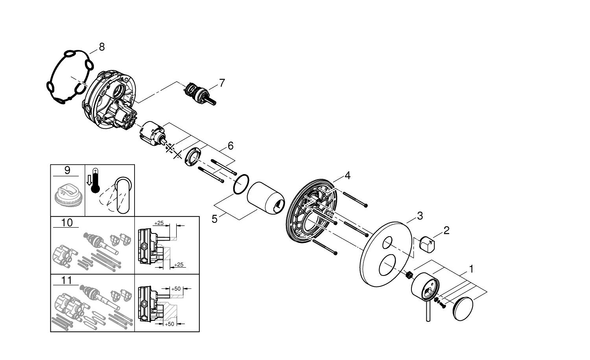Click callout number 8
tap(102, 47)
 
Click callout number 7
tap(222, 83)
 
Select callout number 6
tap(230, 146)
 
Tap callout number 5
tap(214, 219)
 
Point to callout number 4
tap(347, 175)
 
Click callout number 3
tap(420, 215)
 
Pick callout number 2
tap(446, 230)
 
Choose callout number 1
tap(471, 269)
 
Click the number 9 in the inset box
tap(67, 170)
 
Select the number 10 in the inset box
tap(67, 222)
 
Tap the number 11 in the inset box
tap(67, 280)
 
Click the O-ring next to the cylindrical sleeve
tap(241, 184)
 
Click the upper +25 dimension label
tap(159, 223)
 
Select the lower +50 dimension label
tap(170, 324)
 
